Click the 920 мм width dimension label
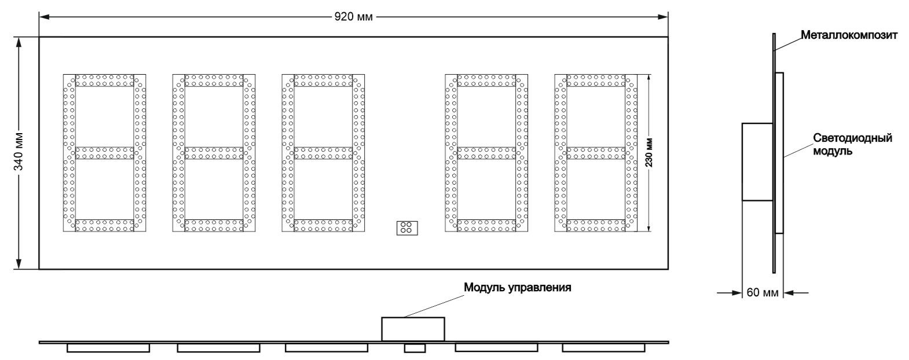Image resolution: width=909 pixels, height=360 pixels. (353, 16)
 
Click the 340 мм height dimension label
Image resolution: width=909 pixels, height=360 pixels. (19, 153)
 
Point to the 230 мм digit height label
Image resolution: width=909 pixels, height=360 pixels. (649, 152)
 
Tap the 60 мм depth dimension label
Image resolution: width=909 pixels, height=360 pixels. (762, 293)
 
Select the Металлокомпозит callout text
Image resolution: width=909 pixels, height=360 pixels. (849, 35)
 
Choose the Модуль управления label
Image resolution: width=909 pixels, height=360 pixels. (517, 287)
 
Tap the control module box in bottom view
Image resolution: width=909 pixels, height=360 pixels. (413, 329)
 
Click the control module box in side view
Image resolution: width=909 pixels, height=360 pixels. (757, 162)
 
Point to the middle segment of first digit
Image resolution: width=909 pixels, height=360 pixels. (104, 153)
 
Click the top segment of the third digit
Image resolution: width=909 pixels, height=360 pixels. (323, 80)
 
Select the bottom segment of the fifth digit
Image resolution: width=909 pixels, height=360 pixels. (596, 226)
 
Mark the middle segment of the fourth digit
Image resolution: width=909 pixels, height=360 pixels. (486, 153)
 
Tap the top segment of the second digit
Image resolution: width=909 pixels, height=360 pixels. (214, 80)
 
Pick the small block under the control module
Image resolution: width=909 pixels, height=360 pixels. (415, 348)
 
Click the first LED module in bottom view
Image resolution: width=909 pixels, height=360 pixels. (108, 348)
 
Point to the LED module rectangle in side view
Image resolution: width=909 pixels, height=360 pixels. (779, 153)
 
